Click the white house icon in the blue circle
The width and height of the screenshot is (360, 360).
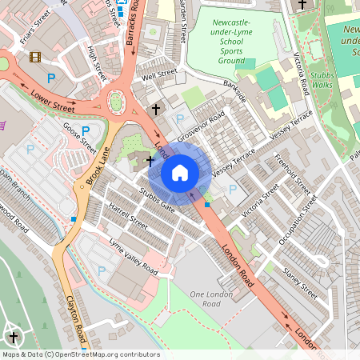click(180, 173)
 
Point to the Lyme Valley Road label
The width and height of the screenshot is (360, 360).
click(133, 259)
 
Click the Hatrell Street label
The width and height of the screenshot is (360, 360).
click(128, 216)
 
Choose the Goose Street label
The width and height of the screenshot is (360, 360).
click(79, 138)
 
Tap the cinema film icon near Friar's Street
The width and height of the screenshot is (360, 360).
click(35, 57)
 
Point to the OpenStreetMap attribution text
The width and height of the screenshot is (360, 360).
click(80, 354)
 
